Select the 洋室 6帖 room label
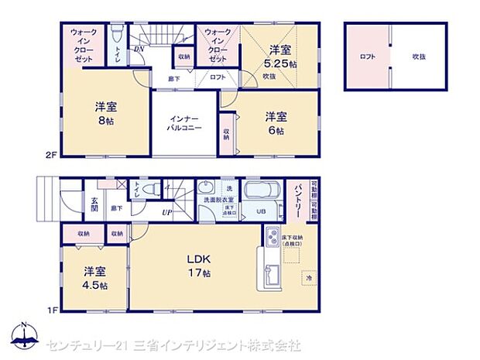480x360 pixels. pos(276,124)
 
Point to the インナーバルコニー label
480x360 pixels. pos(186,124)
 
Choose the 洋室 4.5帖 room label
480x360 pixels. pos(96,278)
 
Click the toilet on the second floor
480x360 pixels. pos(116,35)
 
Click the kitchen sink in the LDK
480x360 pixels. pos(273,273)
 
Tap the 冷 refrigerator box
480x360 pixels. pos(308,277)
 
